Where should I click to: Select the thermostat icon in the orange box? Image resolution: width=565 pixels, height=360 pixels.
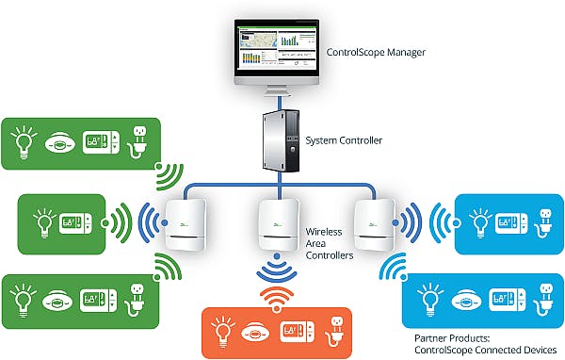pos(294,333)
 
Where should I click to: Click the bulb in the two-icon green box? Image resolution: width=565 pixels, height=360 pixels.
pos(42,224)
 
